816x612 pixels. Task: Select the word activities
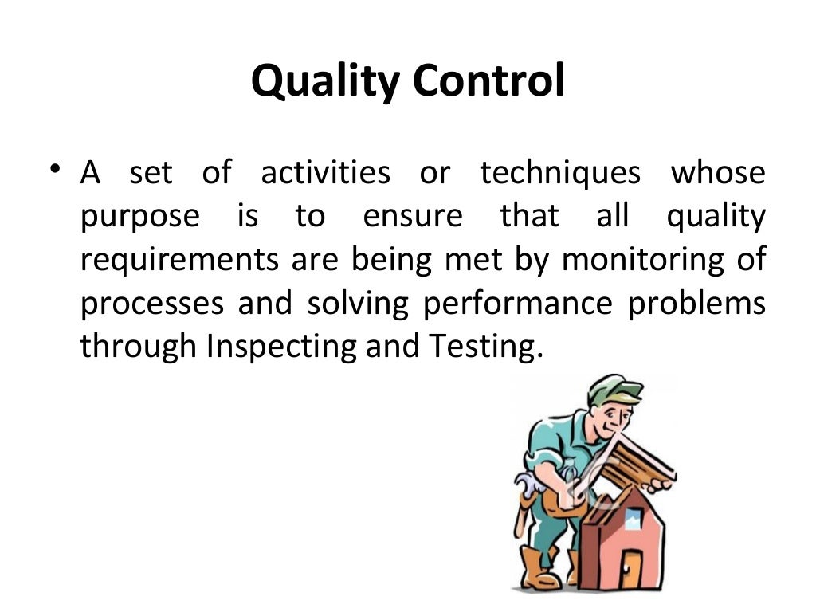326,173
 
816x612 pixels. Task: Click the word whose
718,173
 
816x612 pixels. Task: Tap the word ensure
412,217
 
